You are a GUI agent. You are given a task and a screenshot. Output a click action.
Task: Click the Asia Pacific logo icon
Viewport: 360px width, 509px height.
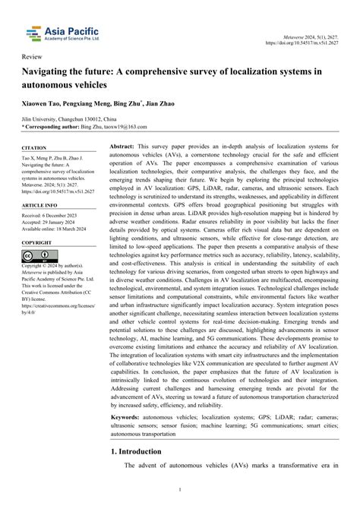coord(31,33)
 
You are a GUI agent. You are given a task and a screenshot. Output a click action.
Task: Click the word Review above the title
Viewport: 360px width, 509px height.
coord(33,57)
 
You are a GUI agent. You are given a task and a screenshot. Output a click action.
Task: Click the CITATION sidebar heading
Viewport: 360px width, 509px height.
coord(34,147)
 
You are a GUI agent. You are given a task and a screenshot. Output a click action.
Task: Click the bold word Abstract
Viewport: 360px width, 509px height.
coord(122,144)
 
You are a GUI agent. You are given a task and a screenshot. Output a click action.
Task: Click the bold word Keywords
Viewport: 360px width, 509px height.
coord(125,438)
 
